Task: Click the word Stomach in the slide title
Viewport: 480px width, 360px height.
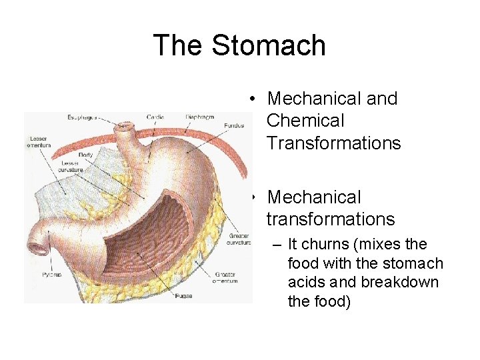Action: point(269,45)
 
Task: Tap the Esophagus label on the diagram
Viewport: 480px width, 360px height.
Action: point(81,117)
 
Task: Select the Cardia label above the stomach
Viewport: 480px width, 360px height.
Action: point(155,117)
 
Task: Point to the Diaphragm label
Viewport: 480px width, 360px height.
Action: point(199,117)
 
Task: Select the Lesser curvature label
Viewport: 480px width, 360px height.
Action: point(71,166)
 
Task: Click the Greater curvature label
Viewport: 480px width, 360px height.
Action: point(238,238)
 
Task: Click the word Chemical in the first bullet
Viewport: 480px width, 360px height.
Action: point(305,121)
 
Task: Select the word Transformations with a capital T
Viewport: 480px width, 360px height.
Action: point(333,143)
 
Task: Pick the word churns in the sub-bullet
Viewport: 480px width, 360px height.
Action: point(325,244)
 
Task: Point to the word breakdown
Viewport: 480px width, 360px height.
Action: point(401,282)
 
